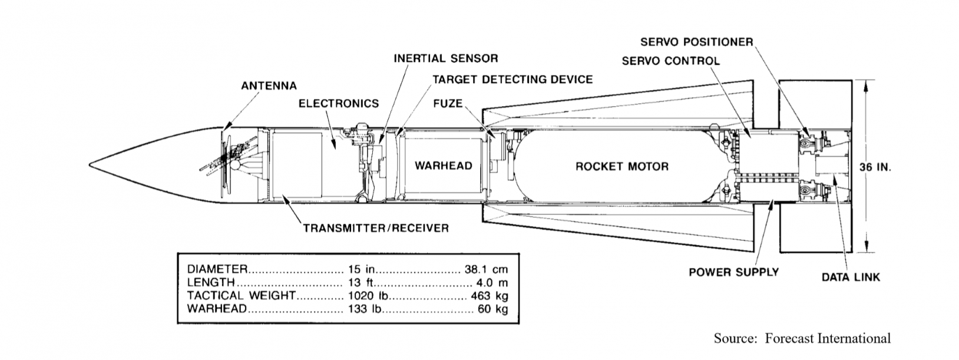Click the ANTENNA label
269,86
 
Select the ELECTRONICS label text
338,104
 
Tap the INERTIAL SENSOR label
445,58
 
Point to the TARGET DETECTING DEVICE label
512,79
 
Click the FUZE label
448,104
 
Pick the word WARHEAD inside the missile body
443,166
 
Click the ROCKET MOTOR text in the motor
621,166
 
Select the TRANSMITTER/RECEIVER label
375,227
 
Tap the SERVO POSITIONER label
696,42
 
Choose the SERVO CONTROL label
670,61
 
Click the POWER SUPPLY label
733,272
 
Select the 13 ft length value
359,283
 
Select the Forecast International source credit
802,338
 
